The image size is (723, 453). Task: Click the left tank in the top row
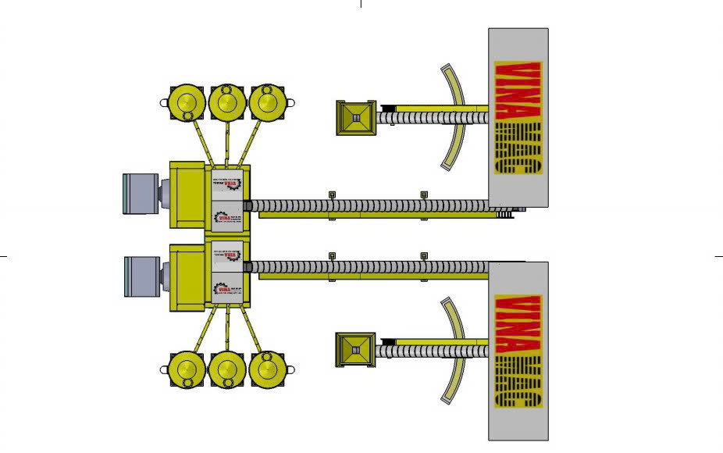coord(187,102)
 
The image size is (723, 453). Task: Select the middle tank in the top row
coord(227,102)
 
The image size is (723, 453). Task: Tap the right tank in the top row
coord(268,102)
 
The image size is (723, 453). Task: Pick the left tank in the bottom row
coord(187,369)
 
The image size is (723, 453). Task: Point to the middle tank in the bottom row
coord(227,369)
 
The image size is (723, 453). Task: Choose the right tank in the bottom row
coord(268,368)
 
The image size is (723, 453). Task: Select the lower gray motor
coord(142,276)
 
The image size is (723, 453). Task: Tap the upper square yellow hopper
coord(355,118)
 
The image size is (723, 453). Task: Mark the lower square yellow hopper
coord(355,350)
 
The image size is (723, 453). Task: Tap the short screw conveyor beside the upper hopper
coord(433,117)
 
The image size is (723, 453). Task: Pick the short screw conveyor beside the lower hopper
coord(433,351)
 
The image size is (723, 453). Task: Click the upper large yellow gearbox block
coord(188,194)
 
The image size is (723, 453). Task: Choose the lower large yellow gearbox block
coord(188,278)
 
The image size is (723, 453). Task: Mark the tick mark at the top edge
coord(361,4)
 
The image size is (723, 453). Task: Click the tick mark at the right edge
coord(718,255)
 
